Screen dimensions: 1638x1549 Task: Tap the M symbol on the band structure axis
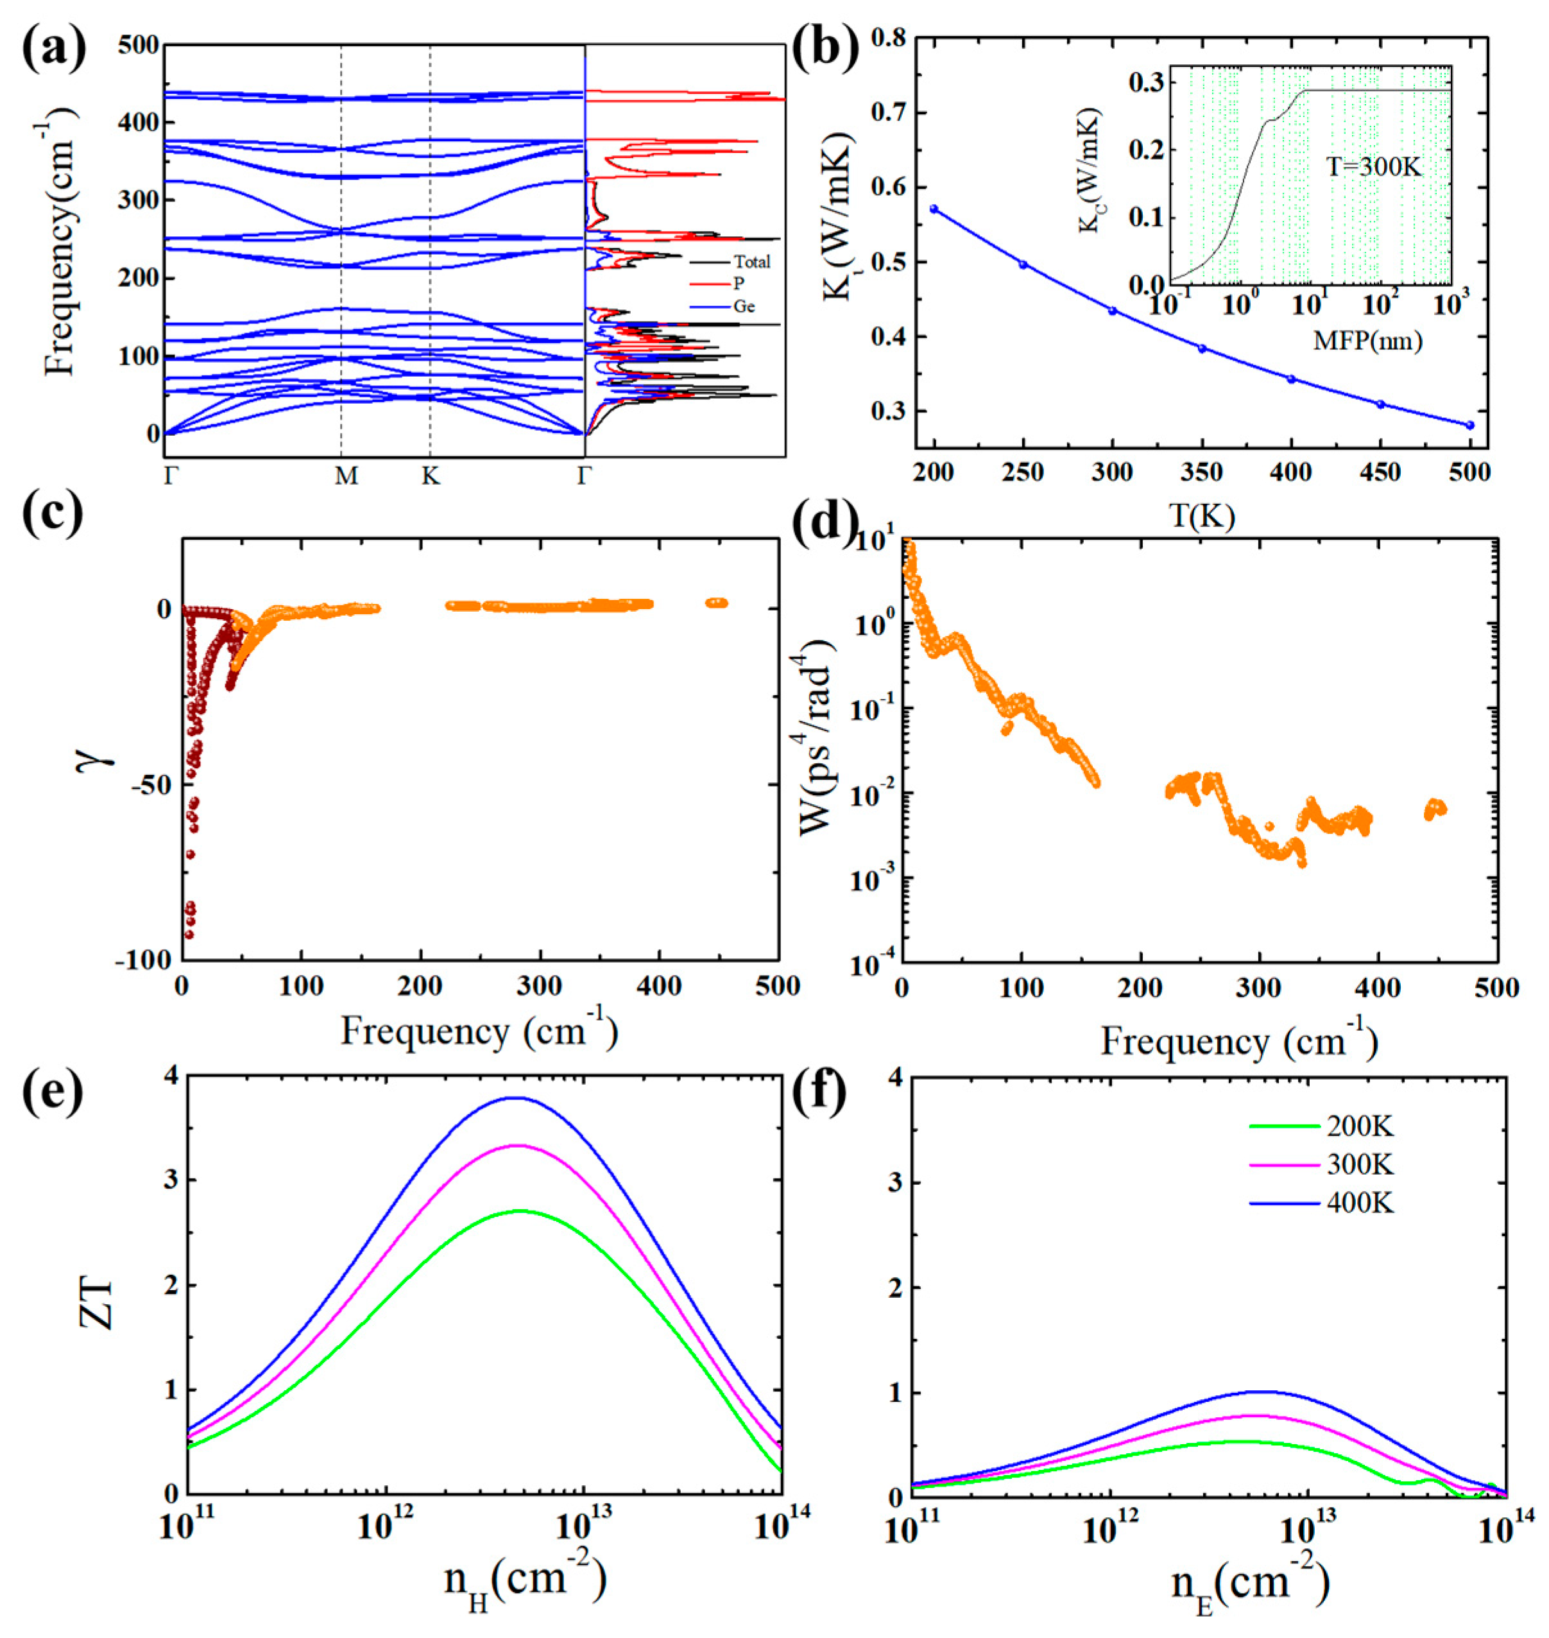tap(346, 477)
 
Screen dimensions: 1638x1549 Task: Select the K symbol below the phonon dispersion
tap(430, 477)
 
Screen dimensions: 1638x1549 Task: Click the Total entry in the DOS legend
tap(751, 262)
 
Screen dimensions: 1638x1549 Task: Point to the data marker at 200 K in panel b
tap(934, 209)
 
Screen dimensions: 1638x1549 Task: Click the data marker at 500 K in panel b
tap(1469, 426)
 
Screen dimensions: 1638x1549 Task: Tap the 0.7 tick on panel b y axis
tap(884, 112)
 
